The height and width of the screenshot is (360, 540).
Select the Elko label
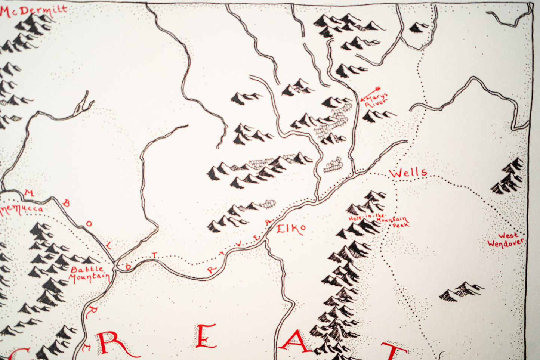pos(291,229)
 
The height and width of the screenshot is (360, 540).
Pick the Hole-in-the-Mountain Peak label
pos(378,221)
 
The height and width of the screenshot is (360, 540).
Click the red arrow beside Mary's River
pos(370,93)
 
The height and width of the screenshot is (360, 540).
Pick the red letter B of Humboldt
pos(66,204)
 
